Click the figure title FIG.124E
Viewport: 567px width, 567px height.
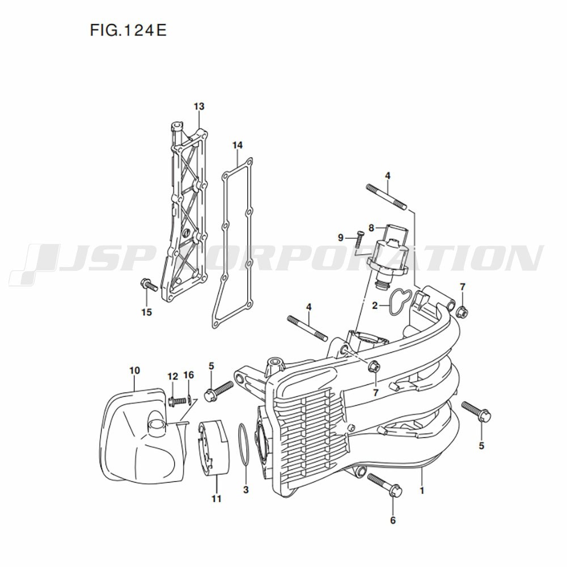[128, 30]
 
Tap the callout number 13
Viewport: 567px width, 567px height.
[198, 107]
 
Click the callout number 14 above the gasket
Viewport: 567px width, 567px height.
[237, 146]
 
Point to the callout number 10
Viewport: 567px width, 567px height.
[134, 371]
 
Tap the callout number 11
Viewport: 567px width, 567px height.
[216, 499]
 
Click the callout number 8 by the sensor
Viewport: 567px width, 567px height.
[372, 227]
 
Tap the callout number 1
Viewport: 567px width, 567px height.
[421, 488]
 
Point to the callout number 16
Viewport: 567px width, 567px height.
[189, 375]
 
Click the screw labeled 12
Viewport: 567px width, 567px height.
[177, 400]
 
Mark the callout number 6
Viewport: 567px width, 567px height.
[393, 520]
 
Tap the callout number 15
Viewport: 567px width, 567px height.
[146, 312]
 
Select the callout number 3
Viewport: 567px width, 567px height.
[246, 489]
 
